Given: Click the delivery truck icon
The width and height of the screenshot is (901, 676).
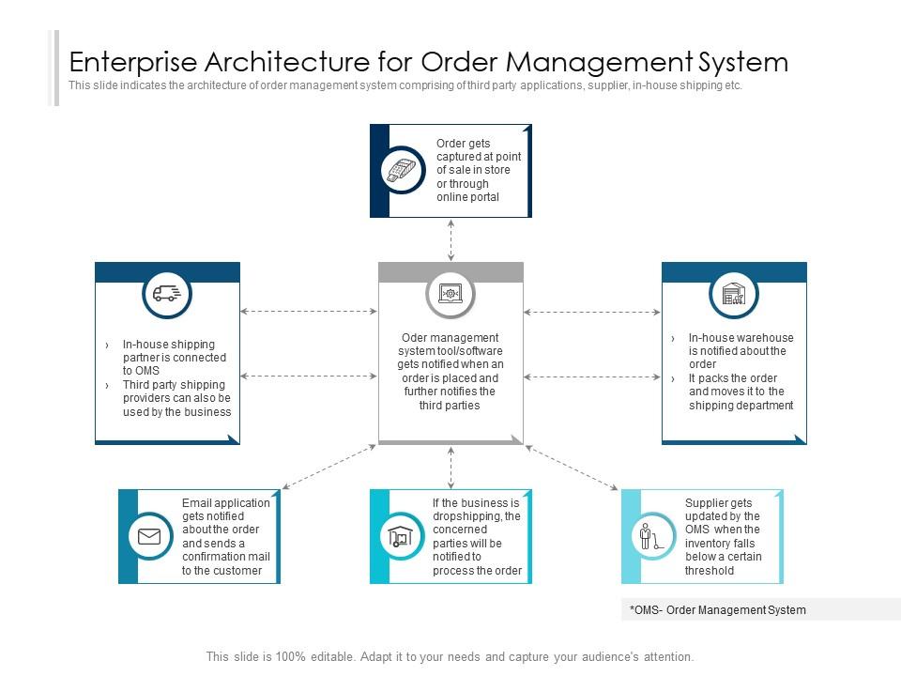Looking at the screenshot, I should pos(167,294).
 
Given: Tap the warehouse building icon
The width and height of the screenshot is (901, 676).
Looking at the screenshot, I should pos(734,294).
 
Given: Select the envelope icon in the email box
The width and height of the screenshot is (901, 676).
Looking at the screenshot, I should pos(149,536).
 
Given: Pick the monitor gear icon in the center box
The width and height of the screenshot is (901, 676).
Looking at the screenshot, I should pos(450,294).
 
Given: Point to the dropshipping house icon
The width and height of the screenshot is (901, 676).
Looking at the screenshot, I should pos(401,536).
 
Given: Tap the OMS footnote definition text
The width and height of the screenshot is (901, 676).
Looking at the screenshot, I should pos(718,610).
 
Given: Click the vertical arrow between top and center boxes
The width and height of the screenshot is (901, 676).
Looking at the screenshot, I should pos(451,240).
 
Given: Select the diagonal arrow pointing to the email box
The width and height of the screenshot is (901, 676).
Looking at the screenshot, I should pos(328,467).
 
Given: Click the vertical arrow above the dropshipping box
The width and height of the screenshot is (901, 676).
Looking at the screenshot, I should pos(451,467).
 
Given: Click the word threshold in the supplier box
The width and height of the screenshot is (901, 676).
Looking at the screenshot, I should pos(710,570).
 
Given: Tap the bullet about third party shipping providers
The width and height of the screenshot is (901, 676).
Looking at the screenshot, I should pos(176,398).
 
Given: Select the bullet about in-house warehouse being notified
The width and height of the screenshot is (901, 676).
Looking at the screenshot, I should pos(741,351).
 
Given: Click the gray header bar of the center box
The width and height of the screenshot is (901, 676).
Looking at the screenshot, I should pos(450,272).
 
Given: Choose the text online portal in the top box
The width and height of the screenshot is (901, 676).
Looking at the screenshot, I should pos(467,197).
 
